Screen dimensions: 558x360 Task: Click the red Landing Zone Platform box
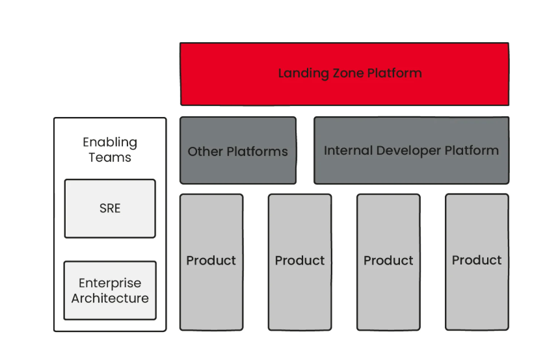(345, 74)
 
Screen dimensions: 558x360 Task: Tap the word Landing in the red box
(304, 73)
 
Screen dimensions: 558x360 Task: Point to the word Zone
(348, 73)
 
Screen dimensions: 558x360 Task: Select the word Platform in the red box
(395, 73)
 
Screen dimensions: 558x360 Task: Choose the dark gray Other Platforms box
(238, 151)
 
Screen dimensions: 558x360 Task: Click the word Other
(206, 151)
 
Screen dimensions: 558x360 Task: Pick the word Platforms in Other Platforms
(258, 151)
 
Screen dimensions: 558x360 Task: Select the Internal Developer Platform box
(412, 151)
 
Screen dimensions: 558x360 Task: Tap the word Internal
(349, 151)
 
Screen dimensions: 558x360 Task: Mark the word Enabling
(110, 143)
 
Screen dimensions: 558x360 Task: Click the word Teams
(110, 157)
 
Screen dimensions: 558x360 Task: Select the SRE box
(110, 209)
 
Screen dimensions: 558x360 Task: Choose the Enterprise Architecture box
(110, 290)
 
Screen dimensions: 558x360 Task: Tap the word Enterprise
(110, 283)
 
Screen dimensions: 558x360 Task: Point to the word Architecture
(110, 298)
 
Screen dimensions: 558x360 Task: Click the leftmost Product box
(211, 262)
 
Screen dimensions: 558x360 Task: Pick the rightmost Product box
(477, 262)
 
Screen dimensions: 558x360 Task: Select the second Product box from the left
(300, 262)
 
